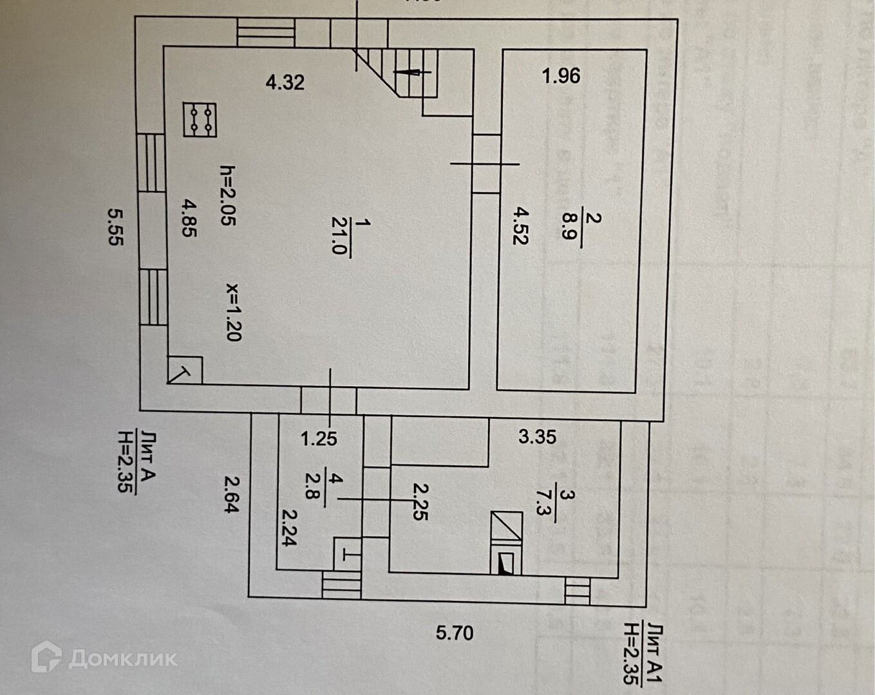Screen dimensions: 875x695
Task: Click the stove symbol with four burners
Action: tap(200, 120)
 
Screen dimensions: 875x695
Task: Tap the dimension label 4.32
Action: tap(285, 82)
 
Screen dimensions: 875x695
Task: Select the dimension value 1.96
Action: tap(561, 76)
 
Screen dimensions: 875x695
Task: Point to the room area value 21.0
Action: tap(337, 237)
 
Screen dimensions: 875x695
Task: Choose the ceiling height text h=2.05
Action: tap(228, 196)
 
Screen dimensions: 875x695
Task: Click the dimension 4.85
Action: tap(188, 218)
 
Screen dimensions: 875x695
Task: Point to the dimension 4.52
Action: tap(520, 225)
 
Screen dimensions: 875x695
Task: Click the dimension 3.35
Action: tap(537, 437)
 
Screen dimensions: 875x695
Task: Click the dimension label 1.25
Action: tap(319, 439)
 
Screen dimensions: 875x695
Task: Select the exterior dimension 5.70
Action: tap(455, 633)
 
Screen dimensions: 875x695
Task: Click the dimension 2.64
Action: tap(231, 493)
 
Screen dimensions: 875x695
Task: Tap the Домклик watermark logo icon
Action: tap(46, 657)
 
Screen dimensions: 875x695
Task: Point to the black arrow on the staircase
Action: tap(408, 73)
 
